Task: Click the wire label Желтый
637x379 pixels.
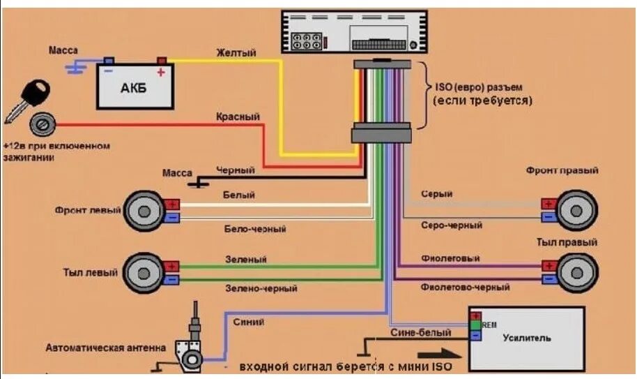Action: click(x=236, y=53)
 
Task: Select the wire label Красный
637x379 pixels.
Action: click(x=238, y=117)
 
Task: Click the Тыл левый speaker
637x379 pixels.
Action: click(x=143, y=272)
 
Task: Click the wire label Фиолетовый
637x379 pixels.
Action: click(x=450, y=258)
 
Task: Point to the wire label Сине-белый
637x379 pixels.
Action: click(x=414, y=333)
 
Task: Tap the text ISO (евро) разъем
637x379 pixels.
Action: click(x=479, y=87)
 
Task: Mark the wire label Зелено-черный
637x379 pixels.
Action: click(x=261, y=288)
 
